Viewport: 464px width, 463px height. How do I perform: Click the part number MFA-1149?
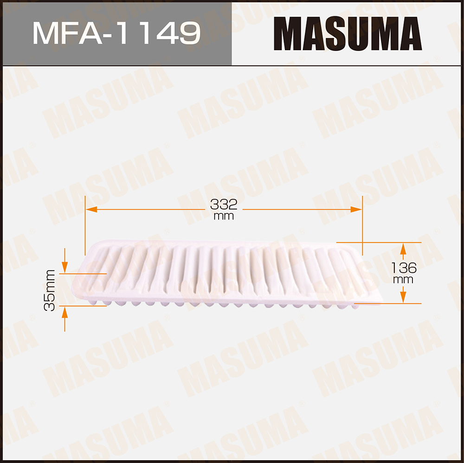click(116, 33)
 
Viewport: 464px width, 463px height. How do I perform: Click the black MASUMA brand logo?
click(348, 33)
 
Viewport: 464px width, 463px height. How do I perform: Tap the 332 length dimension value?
click(224, 205)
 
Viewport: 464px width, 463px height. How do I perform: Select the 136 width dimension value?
click(404, 268)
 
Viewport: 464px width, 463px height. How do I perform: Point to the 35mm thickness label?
click(50, 290)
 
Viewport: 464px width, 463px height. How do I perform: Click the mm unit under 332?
click(224, 216)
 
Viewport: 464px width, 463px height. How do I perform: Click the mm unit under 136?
click(403, 280)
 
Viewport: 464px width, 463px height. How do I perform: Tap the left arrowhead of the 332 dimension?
click(91, 209)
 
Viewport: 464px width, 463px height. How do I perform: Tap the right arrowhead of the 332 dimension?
click(356, 209)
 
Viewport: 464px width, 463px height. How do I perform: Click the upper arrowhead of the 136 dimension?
click(403, 249)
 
